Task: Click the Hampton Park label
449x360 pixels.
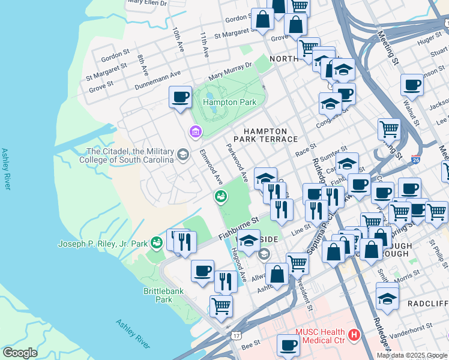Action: [229, 102]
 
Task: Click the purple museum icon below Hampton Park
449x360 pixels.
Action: [195, 131]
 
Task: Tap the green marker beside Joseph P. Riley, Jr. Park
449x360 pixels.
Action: [156, 242]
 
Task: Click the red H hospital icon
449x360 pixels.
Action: [354, 334]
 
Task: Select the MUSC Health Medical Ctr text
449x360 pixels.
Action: [319, 337]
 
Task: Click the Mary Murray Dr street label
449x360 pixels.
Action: [230, 73]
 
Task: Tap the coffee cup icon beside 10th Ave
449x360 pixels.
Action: [179, 97]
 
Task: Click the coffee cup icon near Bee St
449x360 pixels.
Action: [288, 346]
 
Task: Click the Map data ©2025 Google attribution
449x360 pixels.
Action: [411, 355]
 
